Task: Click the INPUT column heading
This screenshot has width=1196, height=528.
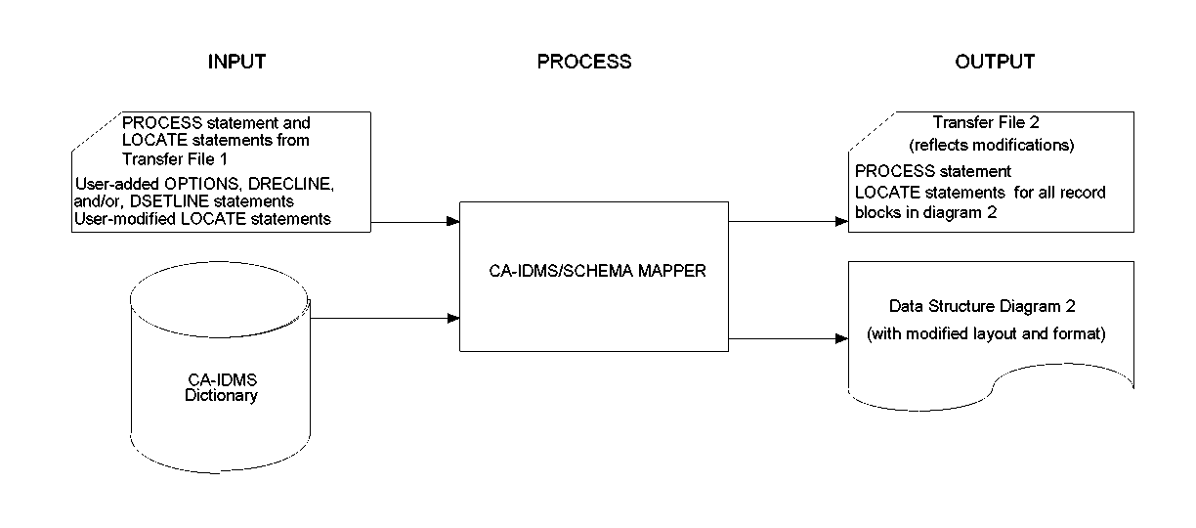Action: (x=236, y=62)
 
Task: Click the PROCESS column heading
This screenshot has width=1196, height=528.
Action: (x=584, y=62)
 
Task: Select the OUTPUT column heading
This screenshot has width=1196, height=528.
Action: (x=995, y=62)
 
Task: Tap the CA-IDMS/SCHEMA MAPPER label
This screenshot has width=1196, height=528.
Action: (x=595, y=272)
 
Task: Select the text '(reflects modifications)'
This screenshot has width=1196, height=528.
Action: (x=991, y=146)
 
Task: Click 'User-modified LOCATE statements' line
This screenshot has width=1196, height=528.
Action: (x=202, y=219)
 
